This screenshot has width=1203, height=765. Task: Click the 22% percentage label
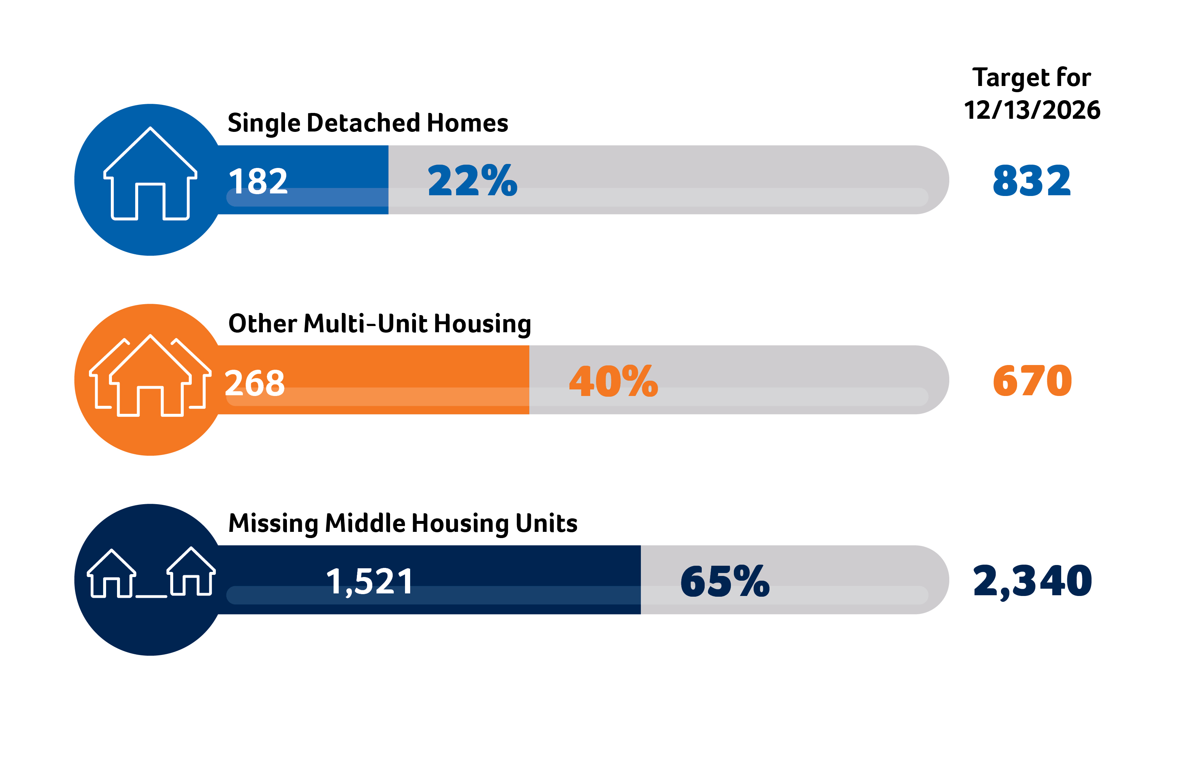click(x=472, y=180)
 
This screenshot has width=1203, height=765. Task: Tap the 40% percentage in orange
click(x=614, y=381)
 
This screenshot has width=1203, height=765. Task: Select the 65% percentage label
click(x=724, y=581)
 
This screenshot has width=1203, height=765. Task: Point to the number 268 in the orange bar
click(x=255, y=383)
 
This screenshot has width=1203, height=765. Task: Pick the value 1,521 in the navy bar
click(x=369, y=582)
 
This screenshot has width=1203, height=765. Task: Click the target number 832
click(x=1031, y=181)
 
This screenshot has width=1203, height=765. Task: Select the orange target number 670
click(x=1032, y=381)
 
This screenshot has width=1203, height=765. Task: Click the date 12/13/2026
click(x=1032, y=110)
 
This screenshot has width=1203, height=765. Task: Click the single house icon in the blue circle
click(x=150, y=175)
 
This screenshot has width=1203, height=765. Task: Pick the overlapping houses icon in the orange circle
click(x=150, y=377)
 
